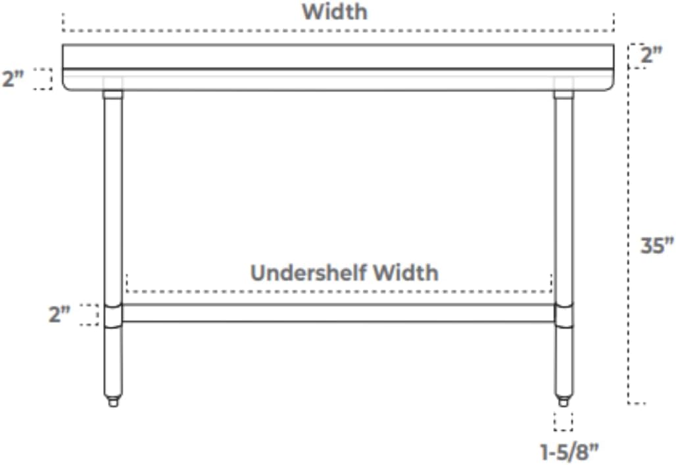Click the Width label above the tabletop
click(334, 12)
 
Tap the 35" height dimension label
click(657, 246)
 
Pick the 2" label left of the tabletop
click(13, 80)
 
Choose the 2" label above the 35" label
click(651, 55)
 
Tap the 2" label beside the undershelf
click(59, 314)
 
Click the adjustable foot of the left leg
click(113, 400)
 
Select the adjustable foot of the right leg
click(563, 400)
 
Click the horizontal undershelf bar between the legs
click(338, 313)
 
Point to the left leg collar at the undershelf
click(112, 314)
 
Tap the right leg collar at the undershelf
click(564, 314)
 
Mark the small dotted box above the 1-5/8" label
click(563, 421)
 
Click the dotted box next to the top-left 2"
click(42, 79)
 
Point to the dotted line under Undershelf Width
click(338, 290)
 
